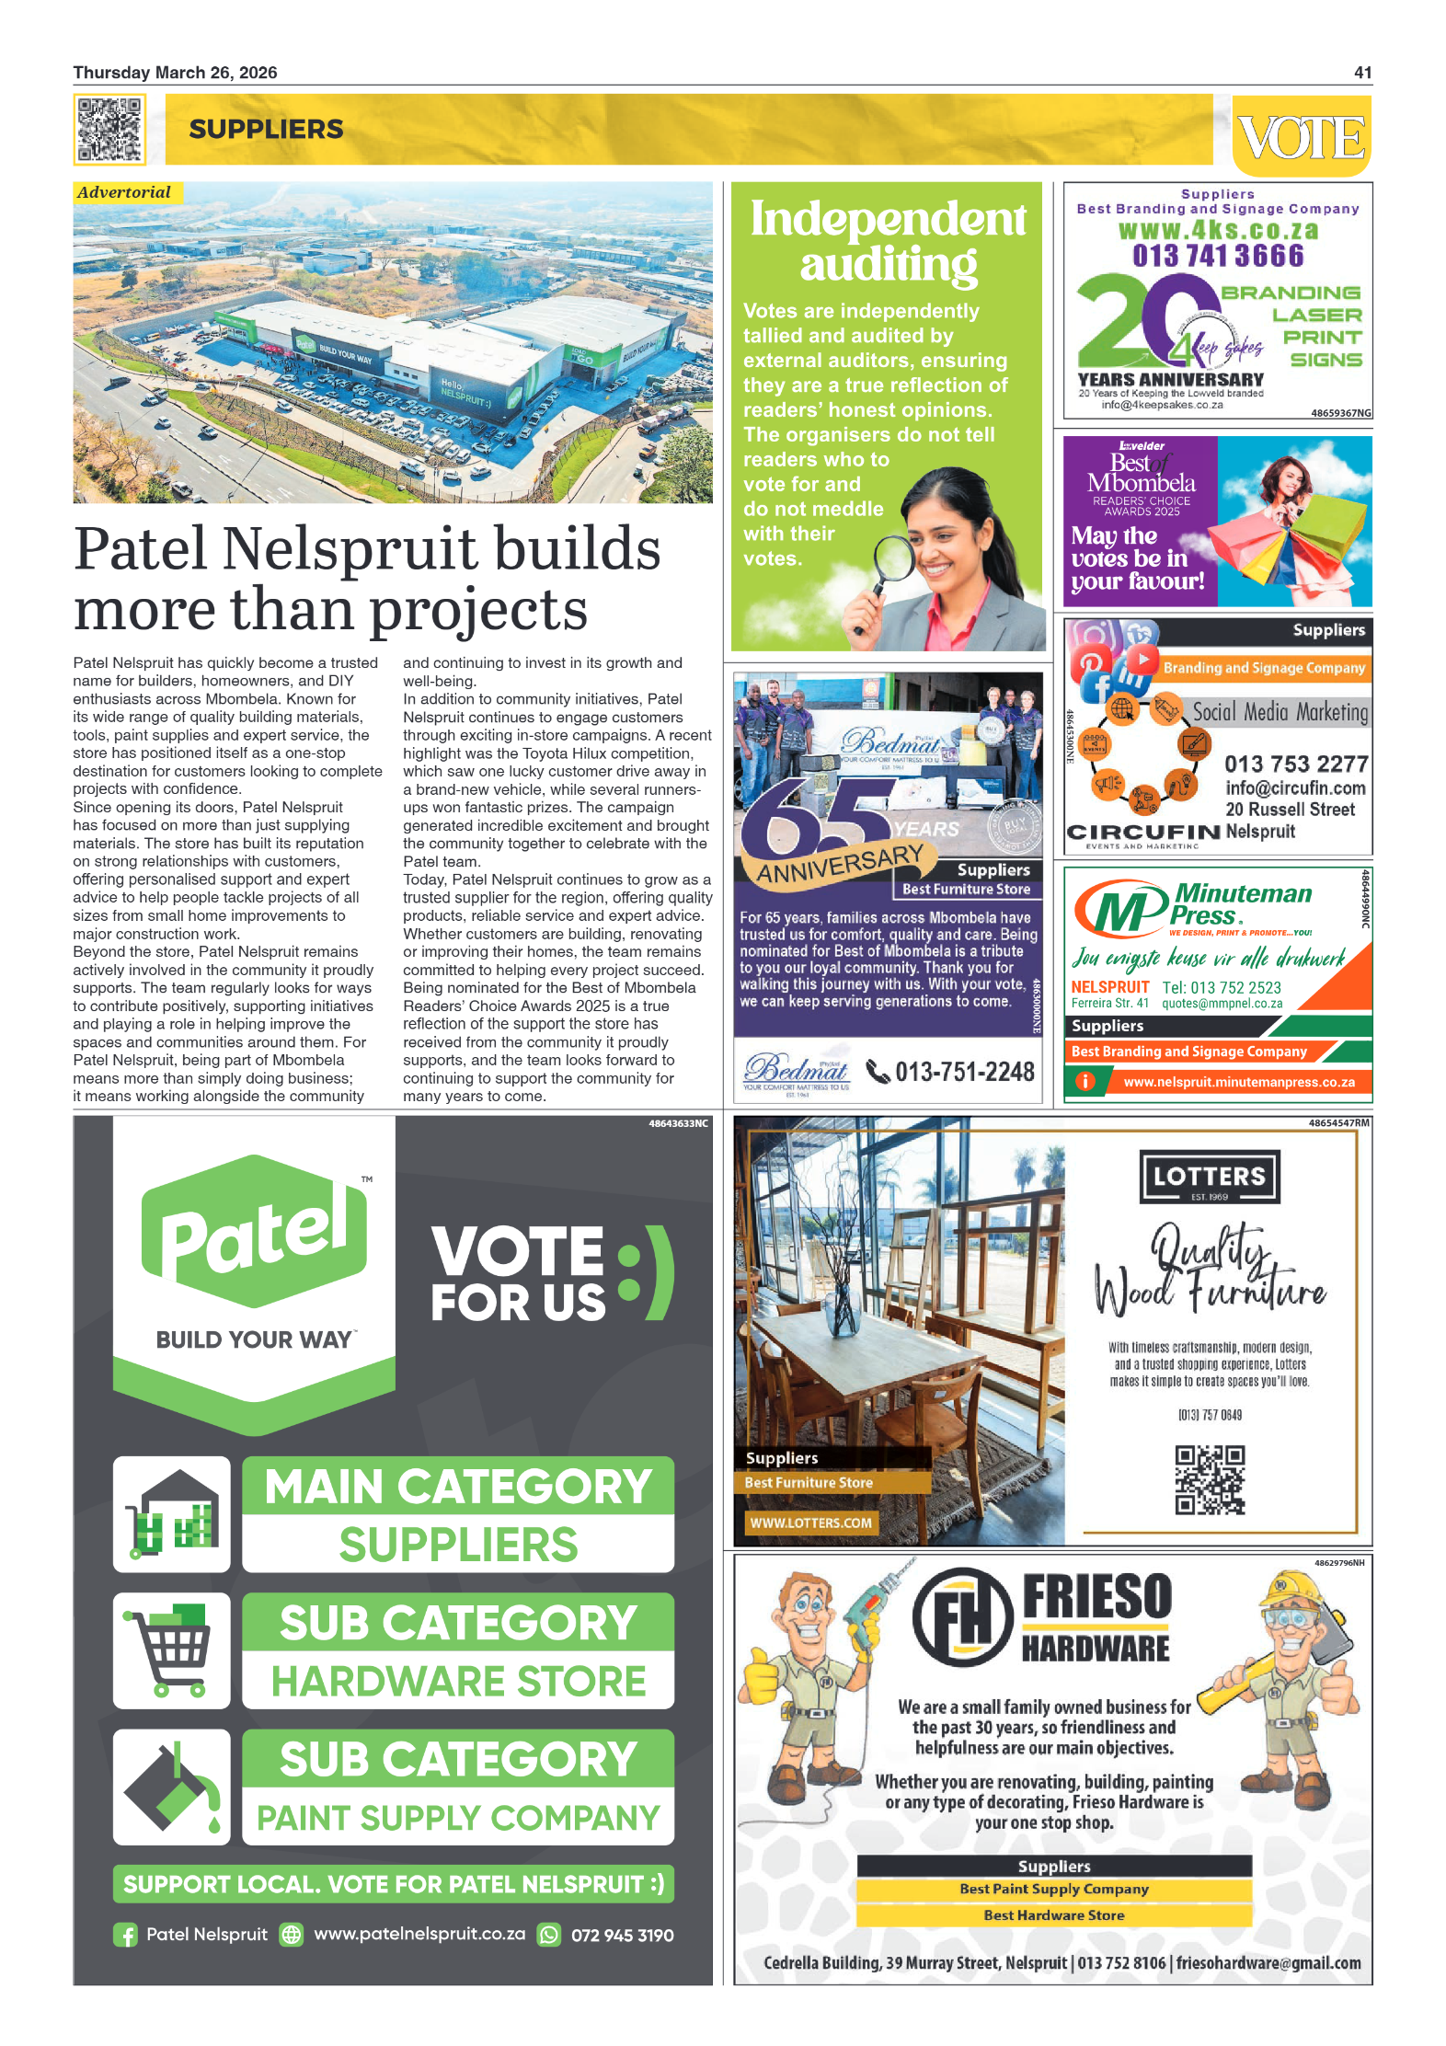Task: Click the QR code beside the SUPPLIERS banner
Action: [109, 130]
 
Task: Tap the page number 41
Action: [1362, 73]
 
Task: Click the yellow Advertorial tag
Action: [125, 192]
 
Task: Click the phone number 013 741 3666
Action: [1218, 256]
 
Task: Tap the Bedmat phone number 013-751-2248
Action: [964, 1072]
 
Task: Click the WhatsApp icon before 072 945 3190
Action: [549, 1935]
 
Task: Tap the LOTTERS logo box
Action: [1210, 1177]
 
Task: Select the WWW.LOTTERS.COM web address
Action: [810, 1523]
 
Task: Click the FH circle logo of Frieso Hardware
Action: [963, 1618]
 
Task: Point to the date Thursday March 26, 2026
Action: [175, 73]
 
